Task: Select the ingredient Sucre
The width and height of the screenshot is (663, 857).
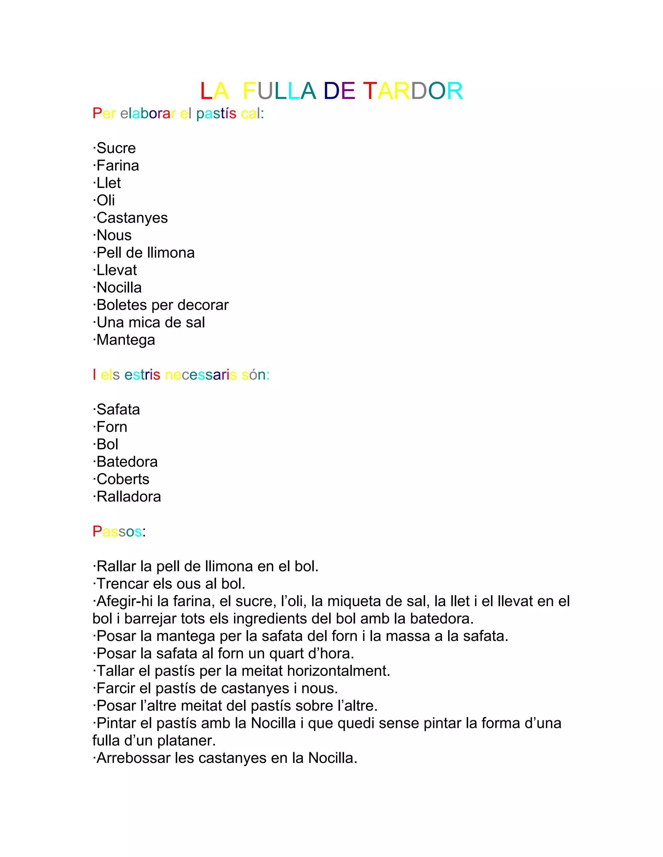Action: (116, 148)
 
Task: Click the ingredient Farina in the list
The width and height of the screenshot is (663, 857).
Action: (118, 166)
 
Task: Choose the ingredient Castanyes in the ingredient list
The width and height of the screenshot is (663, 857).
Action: (132, 218)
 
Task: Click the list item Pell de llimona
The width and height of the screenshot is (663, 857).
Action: (145, 253)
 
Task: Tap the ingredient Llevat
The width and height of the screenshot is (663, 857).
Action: (117, 270)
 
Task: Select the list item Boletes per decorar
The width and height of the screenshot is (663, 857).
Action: (162, 305)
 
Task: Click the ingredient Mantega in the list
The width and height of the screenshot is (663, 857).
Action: (126, 340)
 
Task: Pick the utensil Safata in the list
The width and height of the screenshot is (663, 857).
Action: (118, 410)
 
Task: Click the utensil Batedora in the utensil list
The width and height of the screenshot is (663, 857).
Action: (127, 462)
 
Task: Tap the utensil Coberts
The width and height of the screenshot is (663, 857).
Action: (123, 479)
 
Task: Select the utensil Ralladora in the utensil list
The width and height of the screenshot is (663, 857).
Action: (129, 497)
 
